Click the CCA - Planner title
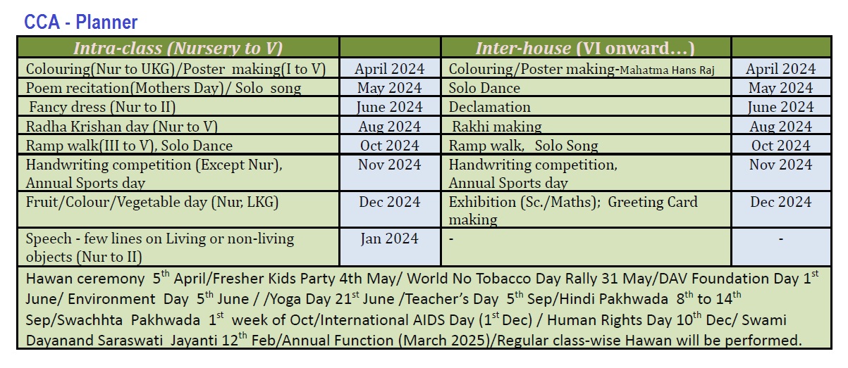click(x=80, y=22)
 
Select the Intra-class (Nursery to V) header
click(x=178, y=48)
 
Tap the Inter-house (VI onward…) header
click(x=585, y=48)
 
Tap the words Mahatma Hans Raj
click(x=667, y=70)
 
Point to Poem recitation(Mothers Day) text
click(x=125, y=88)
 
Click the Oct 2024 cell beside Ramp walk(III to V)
click(x=390, y=146)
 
